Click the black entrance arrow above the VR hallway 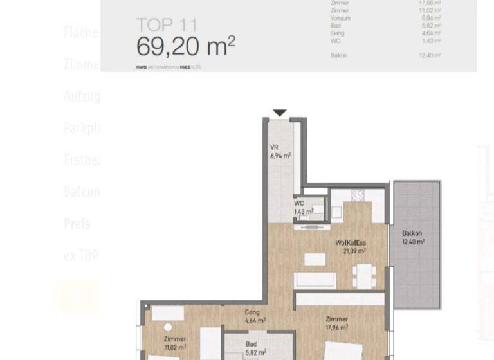[279, 113]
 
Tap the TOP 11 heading [166, 26]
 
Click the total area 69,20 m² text [185, 47]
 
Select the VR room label [274, 147]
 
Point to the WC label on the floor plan [299, 204]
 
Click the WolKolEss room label [351, 243]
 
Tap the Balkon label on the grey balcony [412, 234]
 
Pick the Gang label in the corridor [252, 312]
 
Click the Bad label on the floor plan [252, 345]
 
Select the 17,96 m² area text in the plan [336, 327]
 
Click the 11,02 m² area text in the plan [175, 347]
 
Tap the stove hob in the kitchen [358, 195]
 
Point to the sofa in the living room [315, 280]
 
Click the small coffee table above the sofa [315, 259]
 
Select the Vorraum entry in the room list [340, 18]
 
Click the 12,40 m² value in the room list [430, 55]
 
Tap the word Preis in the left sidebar [77, 224]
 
